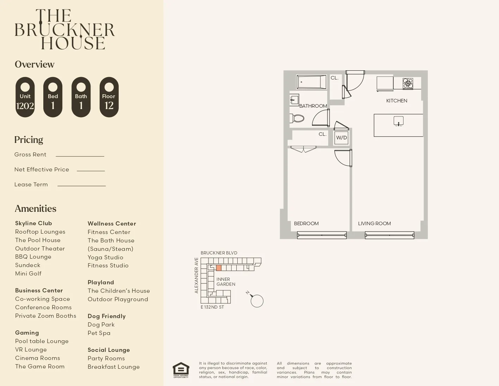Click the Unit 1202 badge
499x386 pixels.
(x=25, y=97)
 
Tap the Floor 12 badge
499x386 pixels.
(x=109, y=97)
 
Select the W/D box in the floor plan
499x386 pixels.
(x=341, y=138)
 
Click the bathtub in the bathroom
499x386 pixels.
(x=312, y=82)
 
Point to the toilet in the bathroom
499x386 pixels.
(x=297, y=118)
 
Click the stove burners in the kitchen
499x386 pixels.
(x=408, y=83)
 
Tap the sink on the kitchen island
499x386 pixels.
(x=398, y=121)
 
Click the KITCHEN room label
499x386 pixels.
(x=397, y=101)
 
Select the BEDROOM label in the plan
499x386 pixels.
(x=306, y=223)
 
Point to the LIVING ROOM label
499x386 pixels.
(x=374, y=223)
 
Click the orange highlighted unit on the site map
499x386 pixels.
(x=219, y=268)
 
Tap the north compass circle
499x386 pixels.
(x=257, y=301)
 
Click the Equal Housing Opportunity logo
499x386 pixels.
(x=181, y=370)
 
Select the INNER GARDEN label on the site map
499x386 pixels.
(x=226, y=282)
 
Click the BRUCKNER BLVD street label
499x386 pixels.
(x=219, y=253)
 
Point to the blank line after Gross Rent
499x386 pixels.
(x=80, y=156)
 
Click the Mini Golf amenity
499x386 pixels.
(x=28, y=273)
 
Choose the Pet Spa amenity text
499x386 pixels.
(x=99, y=333)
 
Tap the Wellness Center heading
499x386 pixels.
(x=112, y=223)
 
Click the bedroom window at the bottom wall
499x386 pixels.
(x=322, y=235)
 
